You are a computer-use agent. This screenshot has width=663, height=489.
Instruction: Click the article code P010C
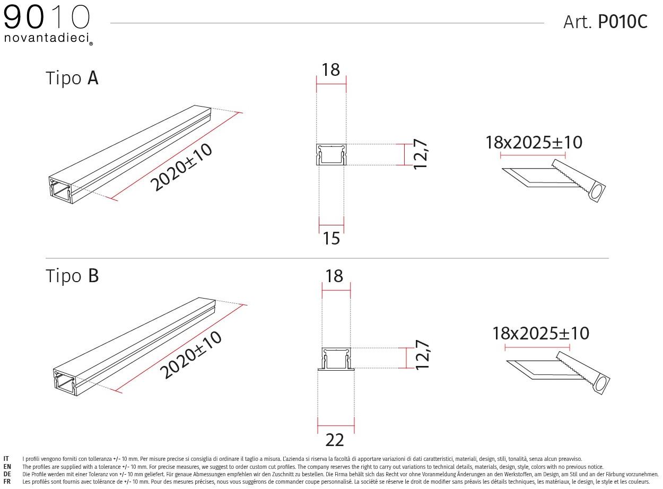pos(622,22)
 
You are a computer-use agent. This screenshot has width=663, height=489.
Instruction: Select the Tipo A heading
pos(72,78)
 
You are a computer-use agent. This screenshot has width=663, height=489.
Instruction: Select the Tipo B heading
pos(72,276)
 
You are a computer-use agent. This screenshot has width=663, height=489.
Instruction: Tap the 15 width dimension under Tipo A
pos(331,239)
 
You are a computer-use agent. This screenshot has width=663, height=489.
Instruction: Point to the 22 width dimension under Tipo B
pos(335,440)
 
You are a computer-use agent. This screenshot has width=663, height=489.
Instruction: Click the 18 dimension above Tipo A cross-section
pos(331,69)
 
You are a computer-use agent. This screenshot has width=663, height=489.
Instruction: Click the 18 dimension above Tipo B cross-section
pos(335,276)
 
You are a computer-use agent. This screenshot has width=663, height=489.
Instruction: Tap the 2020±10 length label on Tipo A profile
pos(181,167)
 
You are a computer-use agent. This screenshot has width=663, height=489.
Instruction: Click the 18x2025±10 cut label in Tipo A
pos(534,142)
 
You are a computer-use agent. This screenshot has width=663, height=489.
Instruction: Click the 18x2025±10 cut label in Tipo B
pos(540,333)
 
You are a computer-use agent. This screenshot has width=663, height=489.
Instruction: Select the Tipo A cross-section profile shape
pos(331,155)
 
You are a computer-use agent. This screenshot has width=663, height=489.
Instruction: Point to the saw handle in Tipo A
pos(597,192)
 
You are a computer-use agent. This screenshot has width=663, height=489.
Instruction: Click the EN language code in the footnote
pos(7,467)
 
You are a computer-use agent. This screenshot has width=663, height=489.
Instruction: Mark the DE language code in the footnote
pos(7,474)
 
